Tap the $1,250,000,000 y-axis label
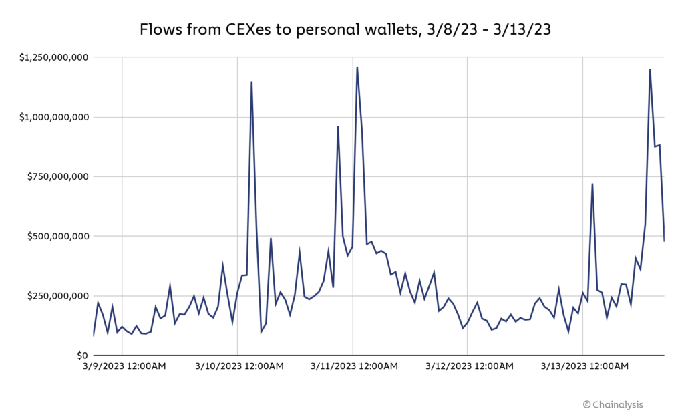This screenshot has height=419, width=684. point(53,58)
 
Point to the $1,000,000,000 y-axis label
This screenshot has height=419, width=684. point(53,118)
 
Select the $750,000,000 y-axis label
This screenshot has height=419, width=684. point(57,177)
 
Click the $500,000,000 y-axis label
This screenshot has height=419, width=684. point(57,237)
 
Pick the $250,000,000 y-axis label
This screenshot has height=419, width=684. point(57,296)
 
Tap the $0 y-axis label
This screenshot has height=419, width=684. point(81,356)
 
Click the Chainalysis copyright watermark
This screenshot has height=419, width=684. point(613,404)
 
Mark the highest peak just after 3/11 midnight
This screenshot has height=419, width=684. point(357,67)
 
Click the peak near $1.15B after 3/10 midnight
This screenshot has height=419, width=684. point(251,82)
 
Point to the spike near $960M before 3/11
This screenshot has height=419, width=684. point(338,126)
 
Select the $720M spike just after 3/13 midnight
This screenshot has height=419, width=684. point(592,184)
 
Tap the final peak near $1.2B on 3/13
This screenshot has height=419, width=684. point(650,69)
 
